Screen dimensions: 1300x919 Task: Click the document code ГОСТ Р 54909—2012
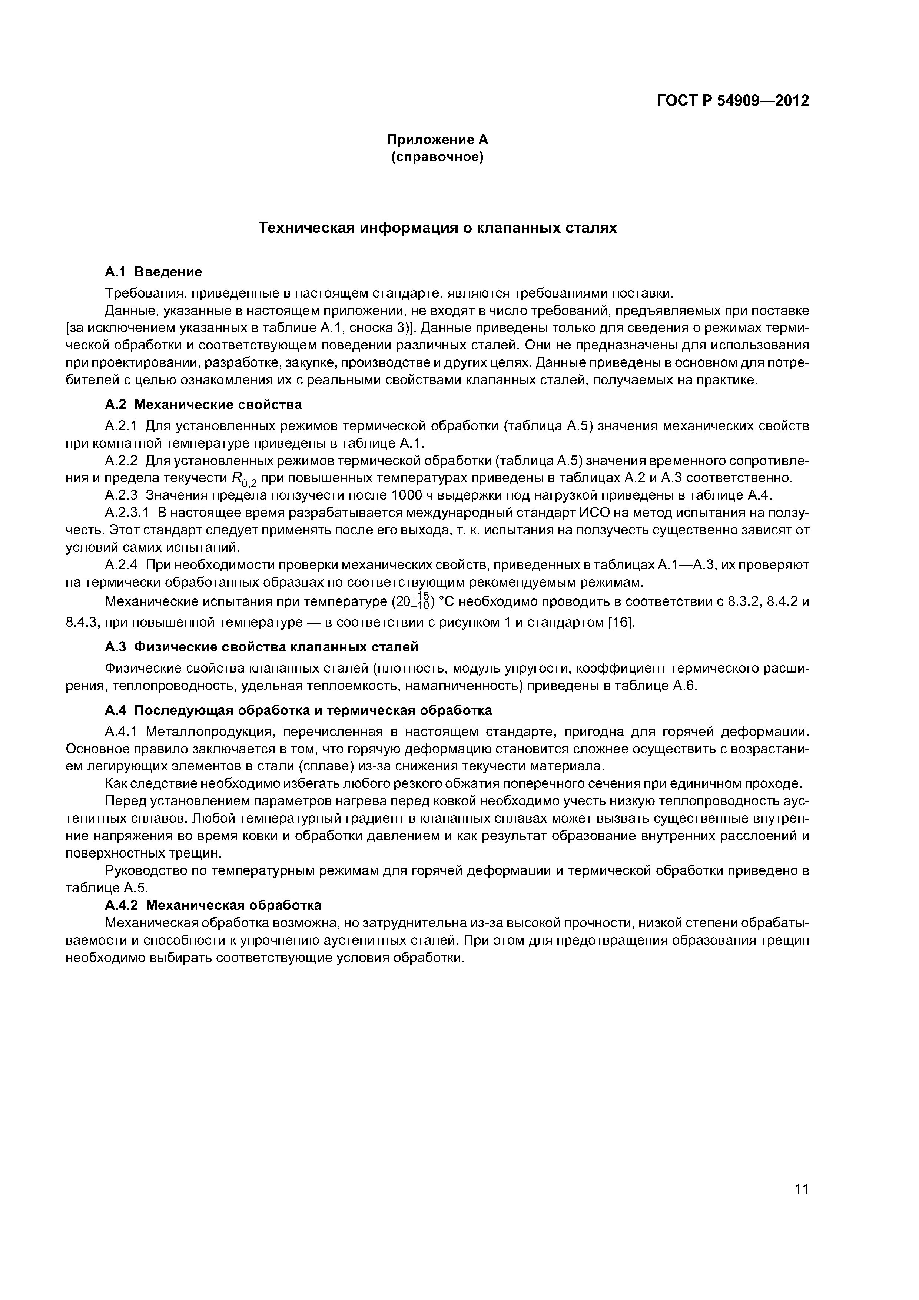click(x=732, y=101)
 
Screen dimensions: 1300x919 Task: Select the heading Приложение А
click(x=437, y=139)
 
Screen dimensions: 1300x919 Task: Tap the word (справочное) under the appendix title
click(x=437, y=157)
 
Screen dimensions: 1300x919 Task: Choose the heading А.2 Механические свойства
click(x=203, y=405)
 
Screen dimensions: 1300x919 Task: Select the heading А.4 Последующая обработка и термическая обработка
click(x=298, y=710)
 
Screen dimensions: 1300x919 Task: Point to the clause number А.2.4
click(x=122, y=565)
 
